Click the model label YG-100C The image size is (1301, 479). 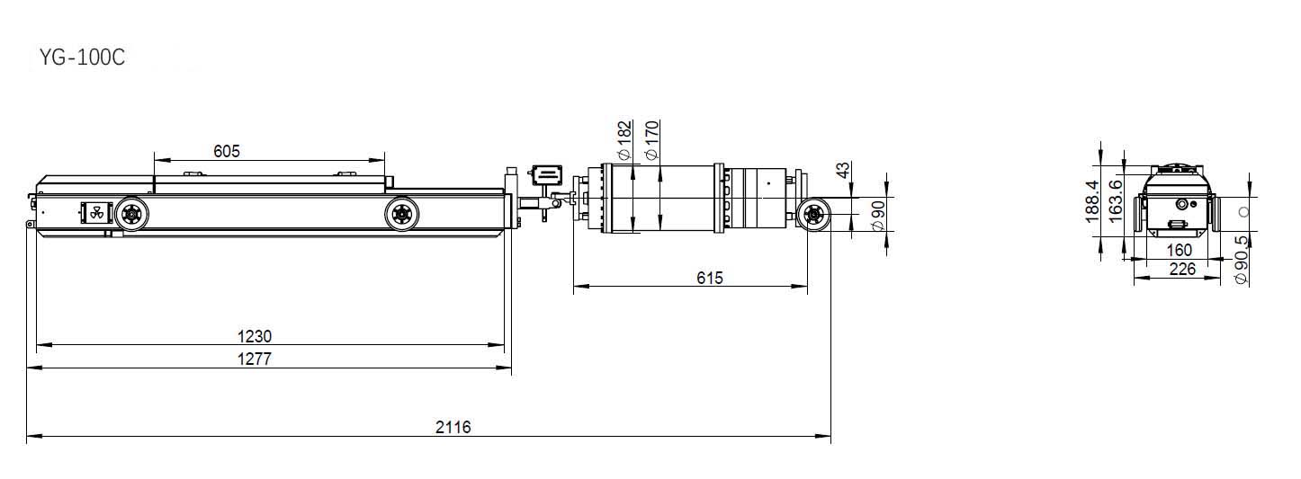(82, 58)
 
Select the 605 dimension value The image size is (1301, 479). (227, 151)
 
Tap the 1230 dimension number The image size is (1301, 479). (255, 336)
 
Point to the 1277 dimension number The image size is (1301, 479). (255, 359)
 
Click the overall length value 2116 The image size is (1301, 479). (453, 428)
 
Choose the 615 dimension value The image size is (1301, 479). (710, 279)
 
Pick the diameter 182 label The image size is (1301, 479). (624, 140)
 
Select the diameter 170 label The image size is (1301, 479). (652, 140)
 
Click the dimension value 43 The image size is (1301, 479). (843, 170)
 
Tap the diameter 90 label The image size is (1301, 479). (878, 216)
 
